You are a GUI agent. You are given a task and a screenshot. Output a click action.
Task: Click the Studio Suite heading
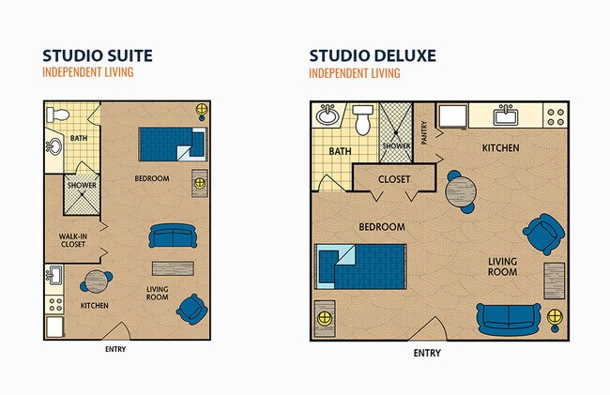coord(98,55)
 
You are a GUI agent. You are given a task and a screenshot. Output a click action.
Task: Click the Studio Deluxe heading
coord(373,55)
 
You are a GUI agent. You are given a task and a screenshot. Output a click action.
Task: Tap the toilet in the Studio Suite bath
coord(58,114)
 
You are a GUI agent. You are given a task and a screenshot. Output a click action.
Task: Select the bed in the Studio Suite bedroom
coord(172,144)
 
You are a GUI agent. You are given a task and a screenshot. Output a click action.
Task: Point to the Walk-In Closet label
coord(73,240)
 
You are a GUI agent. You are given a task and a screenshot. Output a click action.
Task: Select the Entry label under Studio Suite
coord(114,350)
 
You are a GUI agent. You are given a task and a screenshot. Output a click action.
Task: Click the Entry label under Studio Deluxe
coord(427,354)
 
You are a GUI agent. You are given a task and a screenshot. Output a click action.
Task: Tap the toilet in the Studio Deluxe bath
coord(363,121)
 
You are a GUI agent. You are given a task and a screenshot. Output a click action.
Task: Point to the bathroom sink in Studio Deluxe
coord(328,116)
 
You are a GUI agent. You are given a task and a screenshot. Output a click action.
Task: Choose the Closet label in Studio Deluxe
coord(393,179)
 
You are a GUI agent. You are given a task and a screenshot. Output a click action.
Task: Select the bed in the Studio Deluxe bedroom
coord(360,266)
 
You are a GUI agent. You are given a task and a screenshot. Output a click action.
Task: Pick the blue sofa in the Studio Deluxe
coord(508,317)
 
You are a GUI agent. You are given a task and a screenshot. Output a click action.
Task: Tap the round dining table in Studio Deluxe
coord(461,193)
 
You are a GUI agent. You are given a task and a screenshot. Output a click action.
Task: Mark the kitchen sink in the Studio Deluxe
coord(506,115)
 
